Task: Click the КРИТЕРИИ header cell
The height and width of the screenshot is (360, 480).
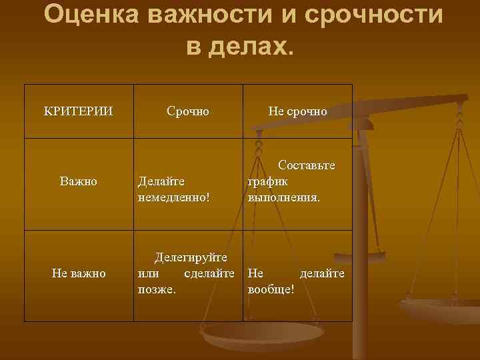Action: (78, 111)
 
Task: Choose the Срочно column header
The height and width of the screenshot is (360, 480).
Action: (187, 111)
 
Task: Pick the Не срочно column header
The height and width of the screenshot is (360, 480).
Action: (297, 111)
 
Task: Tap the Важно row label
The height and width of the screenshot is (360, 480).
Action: (78, 181)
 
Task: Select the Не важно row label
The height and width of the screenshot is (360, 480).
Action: (78, 273)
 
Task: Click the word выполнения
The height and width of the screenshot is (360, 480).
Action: (283, 197)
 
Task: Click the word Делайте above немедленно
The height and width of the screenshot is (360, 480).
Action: (161, 181)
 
